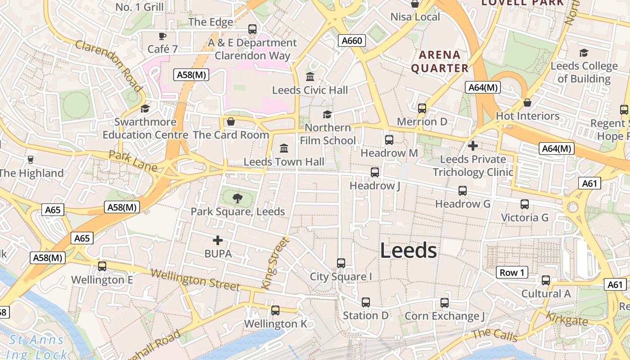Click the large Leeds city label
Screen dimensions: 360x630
408,251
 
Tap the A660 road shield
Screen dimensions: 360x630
351,41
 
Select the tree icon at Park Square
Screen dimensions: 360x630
237,198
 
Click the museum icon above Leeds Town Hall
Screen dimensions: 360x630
284,148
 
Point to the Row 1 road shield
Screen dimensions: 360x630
512,272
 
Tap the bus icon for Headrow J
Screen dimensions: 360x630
374,172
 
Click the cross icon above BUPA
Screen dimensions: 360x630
218,240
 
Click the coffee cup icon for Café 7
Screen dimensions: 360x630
162,36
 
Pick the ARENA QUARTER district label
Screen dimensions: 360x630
440,62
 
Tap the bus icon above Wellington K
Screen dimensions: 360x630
275,310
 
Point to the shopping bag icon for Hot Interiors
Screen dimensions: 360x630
527,103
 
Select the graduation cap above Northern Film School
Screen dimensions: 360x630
327,114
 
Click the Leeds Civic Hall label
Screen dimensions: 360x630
310,90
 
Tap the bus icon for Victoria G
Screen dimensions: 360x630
525,204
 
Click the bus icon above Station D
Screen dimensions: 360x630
365,302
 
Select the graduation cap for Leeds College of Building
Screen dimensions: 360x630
584,53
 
